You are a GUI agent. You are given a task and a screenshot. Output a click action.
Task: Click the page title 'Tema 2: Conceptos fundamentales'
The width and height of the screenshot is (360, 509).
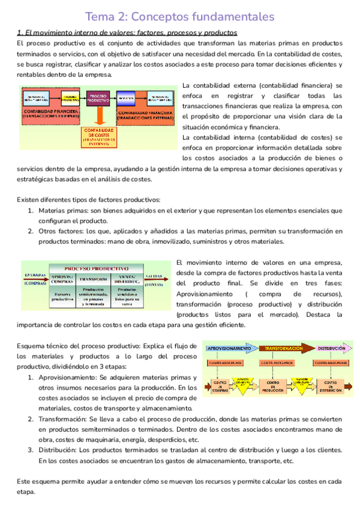click(180, 16)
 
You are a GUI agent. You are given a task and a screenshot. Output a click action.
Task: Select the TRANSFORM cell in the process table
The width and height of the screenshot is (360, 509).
click(93, 278)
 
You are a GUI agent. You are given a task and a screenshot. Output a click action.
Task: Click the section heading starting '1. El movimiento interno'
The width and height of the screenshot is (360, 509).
click(127, 32)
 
